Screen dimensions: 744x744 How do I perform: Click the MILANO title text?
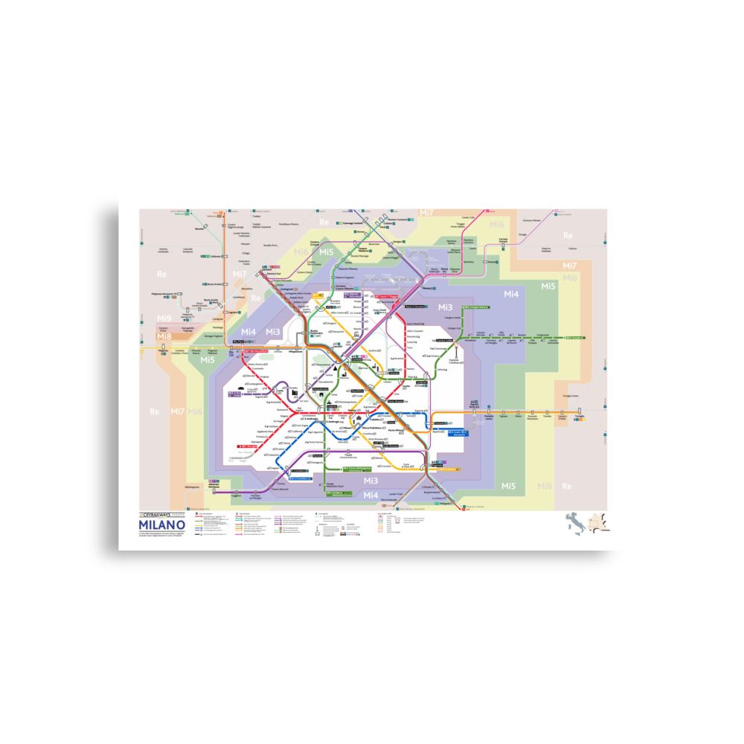tap(161, 525)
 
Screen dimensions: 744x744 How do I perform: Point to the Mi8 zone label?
tap(164, 336)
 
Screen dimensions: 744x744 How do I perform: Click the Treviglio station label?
tap(580, 417)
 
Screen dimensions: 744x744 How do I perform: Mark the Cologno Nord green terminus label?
tap(476, 306)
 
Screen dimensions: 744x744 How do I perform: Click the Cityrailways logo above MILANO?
tap(161, 514)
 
